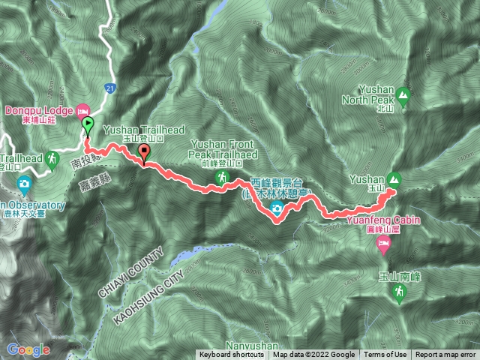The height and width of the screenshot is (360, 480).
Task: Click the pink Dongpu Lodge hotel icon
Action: point(82,110)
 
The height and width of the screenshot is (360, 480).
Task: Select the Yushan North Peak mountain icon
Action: point(403,95)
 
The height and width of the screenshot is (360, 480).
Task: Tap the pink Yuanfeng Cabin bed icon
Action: point(383,243)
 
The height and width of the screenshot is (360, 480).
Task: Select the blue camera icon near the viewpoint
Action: point(277,208)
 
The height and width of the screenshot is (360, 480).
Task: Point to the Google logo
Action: point(28,349)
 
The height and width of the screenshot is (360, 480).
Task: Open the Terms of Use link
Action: point(385,355)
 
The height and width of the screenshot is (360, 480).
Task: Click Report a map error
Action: point(445,355)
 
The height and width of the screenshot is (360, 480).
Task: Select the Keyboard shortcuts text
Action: point(231,355)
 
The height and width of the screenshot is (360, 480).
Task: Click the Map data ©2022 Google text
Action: point(314,355)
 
